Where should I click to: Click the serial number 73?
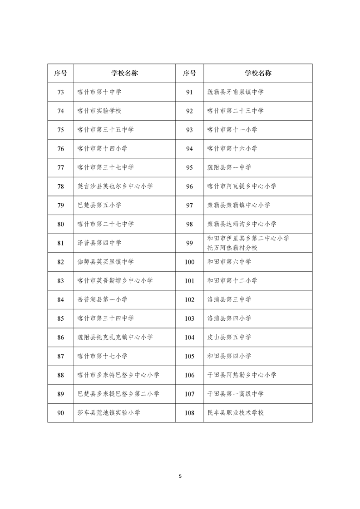tap(60, 92)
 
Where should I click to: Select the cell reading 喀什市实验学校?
tap(99, 111)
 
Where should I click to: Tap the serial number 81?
tap(60, 243)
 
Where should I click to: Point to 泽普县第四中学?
tap(99, 243)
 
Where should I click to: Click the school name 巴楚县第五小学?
tap(99, 205)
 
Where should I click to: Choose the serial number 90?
tap(60, 413)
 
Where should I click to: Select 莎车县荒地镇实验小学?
tap(109, 413)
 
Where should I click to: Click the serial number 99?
tap(190, 243)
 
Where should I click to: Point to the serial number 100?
tap(190, 262)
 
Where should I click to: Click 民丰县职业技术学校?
tap(235, 413)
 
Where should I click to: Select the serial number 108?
tap(190, 413)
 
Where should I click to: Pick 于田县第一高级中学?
tap(235, 394)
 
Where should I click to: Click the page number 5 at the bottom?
tap(180, 476)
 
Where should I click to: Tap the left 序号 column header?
tap(60, 73)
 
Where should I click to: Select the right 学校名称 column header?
tap(258, 73)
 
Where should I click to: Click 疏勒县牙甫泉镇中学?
tap(235, 92)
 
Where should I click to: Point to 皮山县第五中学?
tap(229, 338)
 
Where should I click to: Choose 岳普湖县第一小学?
tap(103, 299)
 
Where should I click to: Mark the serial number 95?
tap(190, 167)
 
